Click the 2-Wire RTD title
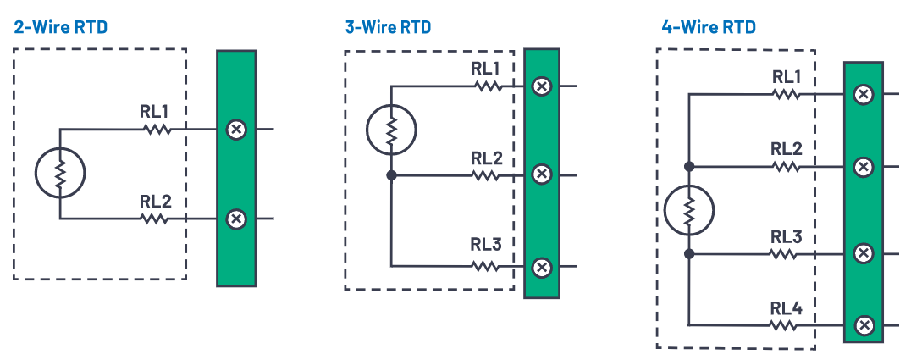pyautogui.click(x=60, y=27)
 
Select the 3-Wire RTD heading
pyautogui.click(x=388, y=27)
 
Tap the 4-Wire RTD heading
pyautogui.click(x=708, y=27)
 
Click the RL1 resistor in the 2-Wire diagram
pyautogui.click(x=157, y=130)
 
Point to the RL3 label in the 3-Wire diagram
pyautogui.click(x=486, y=246)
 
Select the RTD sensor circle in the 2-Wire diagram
pyautogui.click(x=60, y=174)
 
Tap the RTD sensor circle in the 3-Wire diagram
pyautogui.click(x=391, y=130)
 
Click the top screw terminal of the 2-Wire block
pyautogui.click(x=236, y=130)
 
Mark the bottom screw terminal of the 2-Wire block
pyautogui.click(x=236, y=219)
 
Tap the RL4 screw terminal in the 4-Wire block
pyautogui.click(x=863, y=325)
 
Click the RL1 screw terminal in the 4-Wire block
pyautogui.click(x=863, y=94)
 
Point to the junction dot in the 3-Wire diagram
pyautogui.click(x=391, y=176)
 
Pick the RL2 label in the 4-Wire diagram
pyautogui.click(x=787, y=148)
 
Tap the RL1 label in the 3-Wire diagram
pyautogui.click(x=486, y=68)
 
